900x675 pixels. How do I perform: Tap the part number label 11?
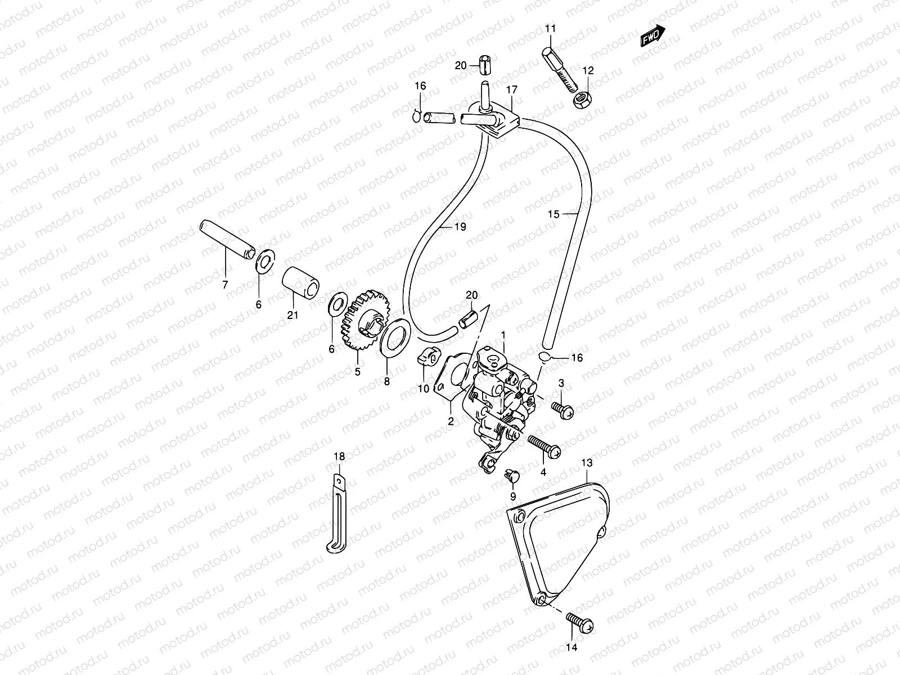(550, 28)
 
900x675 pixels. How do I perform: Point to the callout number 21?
(292, 315)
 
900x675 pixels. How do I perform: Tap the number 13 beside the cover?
(587, 463)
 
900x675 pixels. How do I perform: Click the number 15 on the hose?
(554, 214)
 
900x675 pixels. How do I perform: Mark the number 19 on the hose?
(460, 227)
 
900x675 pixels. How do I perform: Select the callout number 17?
(511, 89)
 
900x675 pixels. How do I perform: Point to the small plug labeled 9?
(512, 477)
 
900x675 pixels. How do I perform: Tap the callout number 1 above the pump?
(503, 335)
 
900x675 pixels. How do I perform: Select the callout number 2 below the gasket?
(451, 422)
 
